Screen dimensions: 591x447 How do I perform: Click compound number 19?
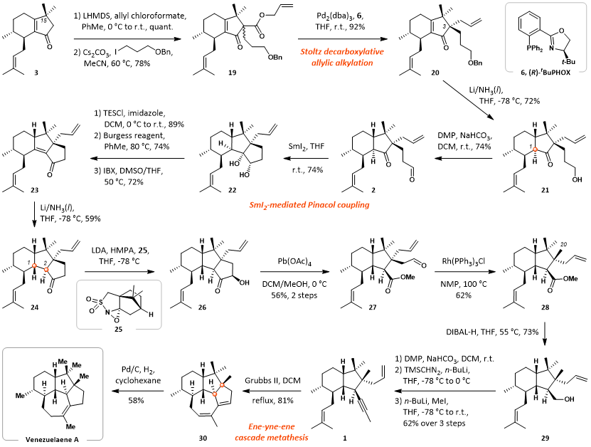[232, 72]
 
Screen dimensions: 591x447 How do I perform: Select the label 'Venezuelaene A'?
[52, 439]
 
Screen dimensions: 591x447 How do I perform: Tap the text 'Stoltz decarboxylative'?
[342, 52]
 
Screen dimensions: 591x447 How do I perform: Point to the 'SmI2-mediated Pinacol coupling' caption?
[309, 205]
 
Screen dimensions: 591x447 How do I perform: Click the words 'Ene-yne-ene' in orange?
[272, 426]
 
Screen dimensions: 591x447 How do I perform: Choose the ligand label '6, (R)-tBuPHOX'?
[545, 73]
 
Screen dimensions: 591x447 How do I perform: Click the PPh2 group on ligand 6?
[535, 49]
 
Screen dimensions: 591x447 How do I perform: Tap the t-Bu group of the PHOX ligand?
[568, 61]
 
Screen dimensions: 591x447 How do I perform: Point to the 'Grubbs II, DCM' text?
[273, 380]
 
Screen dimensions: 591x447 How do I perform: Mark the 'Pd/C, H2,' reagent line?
[136, 369]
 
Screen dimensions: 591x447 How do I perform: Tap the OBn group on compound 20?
[475, 63]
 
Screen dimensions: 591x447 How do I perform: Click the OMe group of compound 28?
[570, 279]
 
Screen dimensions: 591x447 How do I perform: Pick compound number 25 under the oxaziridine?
[118, 330]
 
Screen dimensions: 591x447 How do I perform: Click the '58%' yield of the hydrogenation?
[136, 400]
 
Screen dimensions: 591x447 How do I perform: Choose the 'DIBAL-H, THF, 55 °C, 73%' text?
[492, 332]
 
